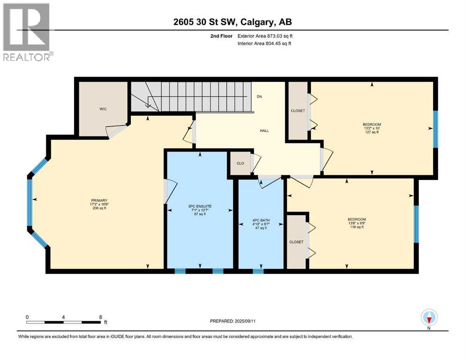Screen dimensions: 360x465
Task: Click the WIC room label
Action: tap(103, 109)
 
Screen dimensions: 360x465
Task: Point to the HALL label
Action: tap(264, 131)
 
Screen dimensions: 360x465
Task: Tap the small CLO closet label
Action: tap(239, 164)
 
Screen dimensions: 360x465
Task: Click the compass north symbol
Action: tap(429, 318)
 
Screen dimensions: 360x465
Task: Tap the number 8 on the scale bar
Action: tap(101, 316)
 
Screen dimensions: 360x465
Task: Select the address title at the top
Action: tap(232, 22)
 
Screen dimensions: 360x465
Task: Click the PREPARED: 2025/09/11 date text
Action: tap(235, 321)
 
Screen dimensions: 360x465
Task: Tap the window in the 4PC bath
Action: tap(258, 271)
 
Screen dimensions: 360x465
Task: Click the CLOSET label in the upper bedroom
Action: tap(297, 111)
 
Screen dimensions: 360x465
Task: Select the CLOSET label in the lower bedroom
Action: tap(296, 242)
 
